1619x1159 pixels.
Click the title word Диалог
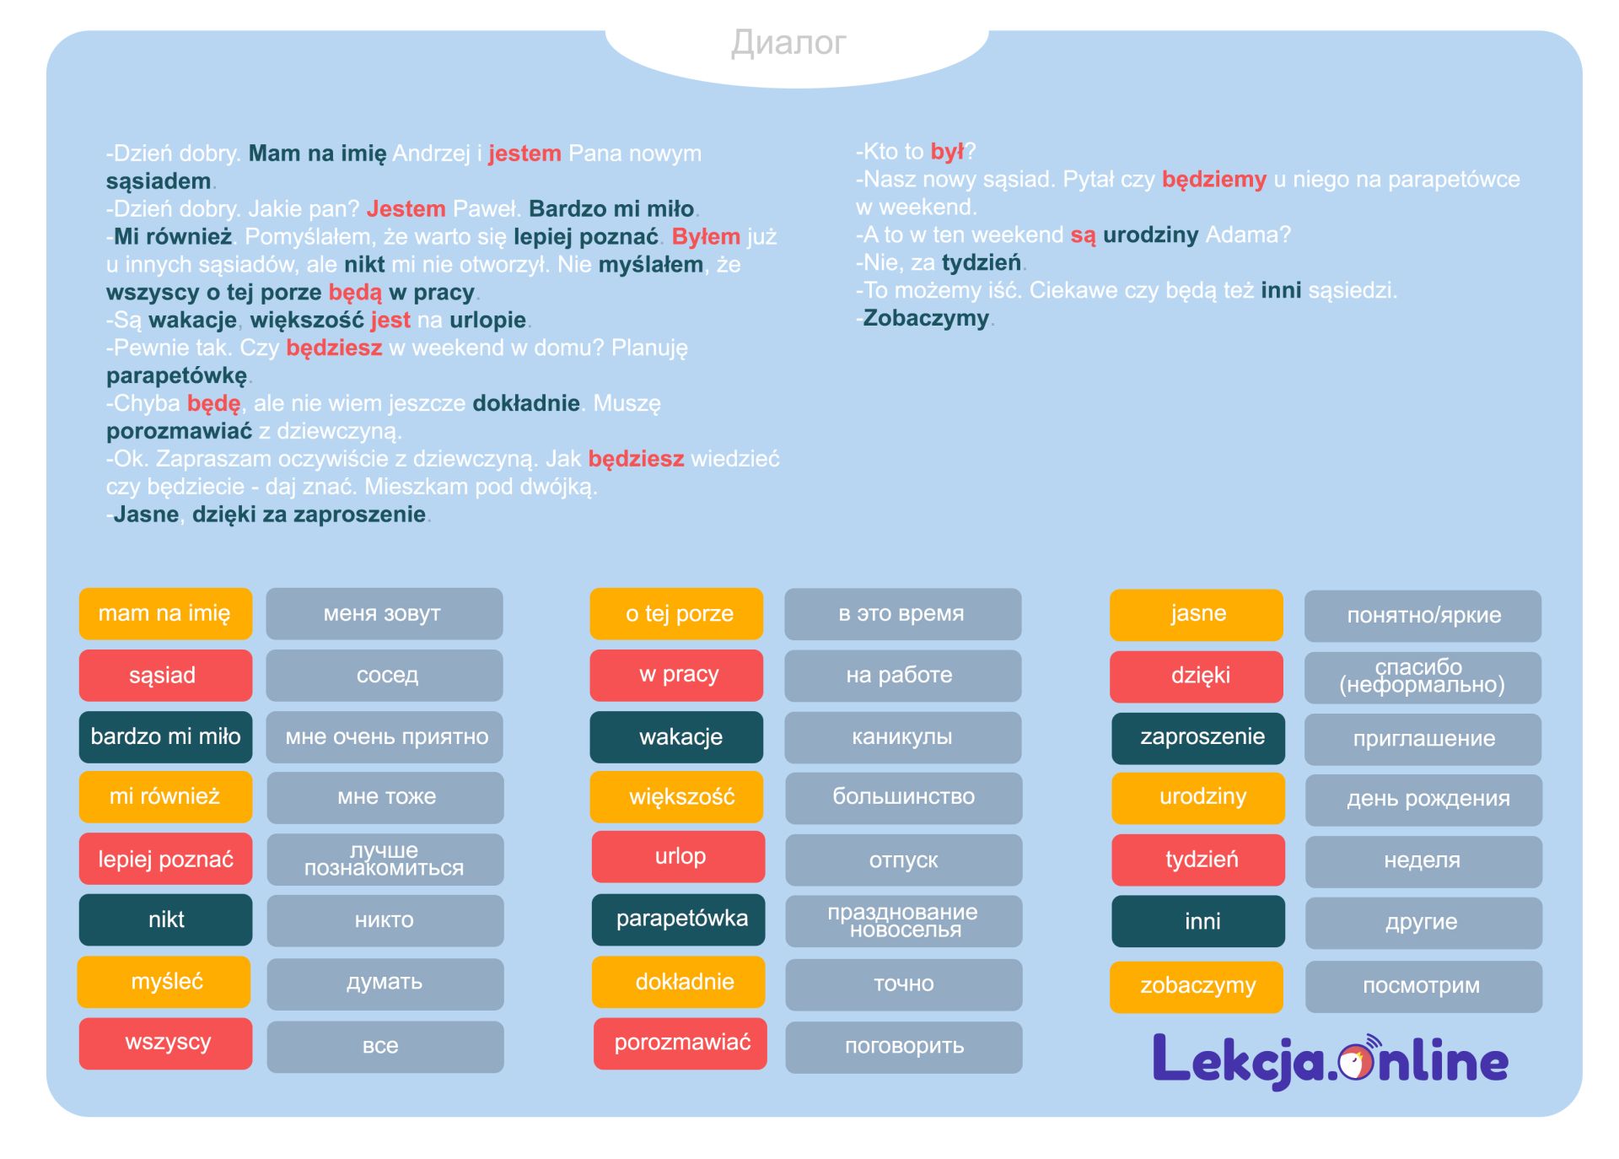click(x=788, y=43)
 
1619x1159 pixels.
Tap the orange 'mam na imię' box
click(x=165, y=613)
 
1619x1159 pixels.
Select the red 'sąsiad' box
click(x=165, y=675)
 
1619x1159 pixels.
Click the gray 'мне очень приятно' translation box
click(x=385, y=736)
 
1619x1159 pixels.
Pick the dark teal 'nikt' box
click(x=165, y=919)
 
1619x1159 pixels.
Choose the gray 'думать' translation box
click(x=385, y=983)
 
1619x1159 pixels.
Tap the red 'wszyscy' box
click(x=165, y=1043)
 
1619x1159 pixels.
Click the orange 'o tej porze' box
click(x=676, y=613)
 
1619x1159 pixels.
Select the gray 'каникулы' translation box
click(x=902, y=736)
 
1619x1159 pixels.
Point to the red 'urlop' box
click(x=679, y=857)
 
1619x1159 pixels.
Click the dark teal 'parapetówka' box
click(x=679, y=919)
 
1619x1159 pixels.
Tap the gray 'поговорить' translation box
click(x=903, y=1047)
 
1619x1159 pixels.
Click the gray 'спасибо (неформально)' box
click(x=1423, y=677)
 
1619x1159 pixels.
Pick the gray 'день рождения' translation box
click(x=1423, y=799)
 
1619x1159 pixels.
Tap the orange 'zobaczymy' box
click(x=1196, y=986)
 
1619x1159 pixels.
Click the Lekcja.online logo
click(x=1330, y=1060)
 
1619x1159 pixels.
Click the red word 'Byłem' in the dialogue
click(x=706, y=237)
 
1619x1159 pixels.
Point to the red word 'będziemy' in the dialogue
click(x=1213, y=180)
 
